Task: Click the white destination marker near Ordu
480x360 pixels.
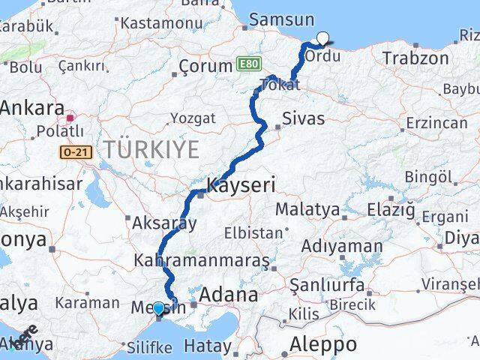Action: [323, 39]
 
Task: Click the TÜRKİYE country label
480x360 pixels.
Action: [153, 148]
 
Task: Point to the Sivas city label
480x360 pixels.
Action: [304, 118]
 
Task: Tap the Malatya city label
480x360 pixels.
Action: [307, 209]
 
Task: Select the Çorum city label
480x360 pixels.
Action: [205, 66]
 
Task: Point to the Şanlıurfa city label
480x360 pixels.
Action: [328, 286]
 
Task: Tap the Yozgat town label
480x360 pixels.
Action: [193, 118]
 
